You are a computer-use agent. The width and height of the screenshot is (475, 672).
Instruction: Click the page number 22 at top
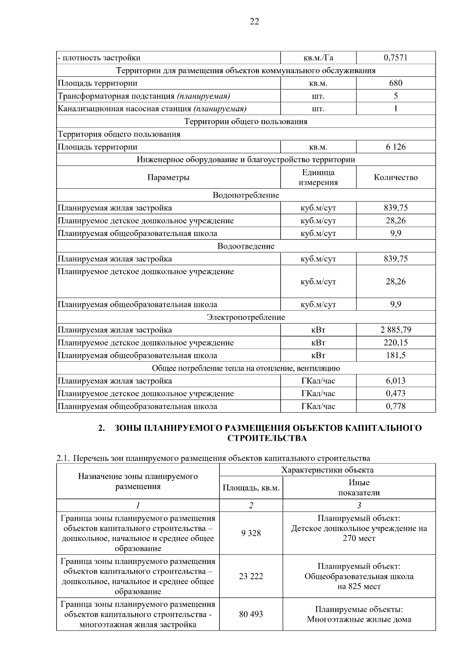point(255,22)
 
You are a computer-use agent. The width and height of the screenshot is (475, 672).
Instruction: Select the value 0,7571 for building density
point(395,58)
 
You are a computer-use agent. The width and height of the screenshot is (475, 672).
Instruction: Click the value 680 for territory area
point(395,83)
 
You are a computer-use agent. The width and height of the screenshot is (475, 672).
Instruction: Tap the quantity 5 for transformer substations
point(395,96)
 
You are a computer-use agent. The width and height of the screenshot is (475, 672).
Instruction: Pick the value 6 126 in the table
point(395,147)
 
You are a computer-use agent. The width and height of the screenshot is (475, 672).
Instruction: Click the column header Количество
point(395,177)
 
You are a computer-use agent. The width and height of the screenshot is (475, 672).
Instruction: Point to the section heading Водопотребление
point(246,195)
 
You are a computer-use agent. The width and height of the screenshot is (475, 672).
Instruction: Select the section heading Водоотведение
point(246,246)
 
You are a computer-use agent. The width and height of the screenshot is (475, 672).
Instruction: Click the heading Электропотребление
point(246,317)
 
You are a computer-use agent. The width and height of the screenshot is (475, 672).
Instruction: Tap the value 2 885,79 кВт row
point(395,330)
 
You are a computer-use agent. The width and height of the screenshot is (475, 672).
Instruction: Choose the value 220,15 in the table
point(395,343)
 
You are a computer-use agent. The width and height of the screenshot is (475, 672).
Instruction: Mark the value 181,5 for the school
point(395,355)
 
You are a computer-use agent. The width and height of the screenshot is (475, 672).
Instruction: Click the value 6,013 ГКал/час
point(395,381)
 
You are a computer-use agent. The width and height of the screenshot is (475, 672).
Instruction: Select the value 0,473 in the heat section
point(395,394)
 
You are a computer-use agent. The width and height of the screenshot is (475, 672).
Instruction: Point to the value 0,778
point(395,406)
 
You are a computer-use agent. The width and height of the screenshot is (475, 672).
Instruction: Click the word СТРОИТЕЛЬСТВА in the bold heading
point(267,438)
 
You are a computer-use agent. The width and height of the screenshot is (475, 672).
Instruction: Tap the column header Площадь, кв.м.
point(251,488)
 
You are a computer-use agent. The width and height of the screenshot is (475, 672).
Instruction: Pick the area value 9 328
point(251,533)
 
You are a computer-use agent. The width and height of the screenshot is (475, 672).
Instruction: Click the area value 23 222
point(251,576)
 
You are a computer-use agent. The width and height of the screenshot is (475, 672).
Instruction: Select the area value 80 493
point(251,614)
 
